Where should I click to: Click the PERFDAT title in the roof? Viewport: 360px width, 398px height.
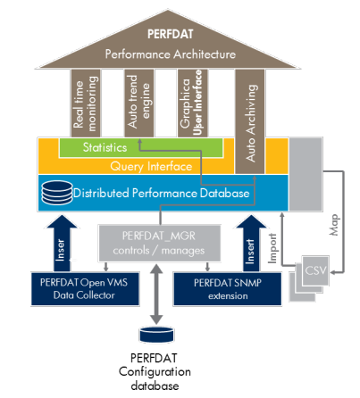(x=171, y=34)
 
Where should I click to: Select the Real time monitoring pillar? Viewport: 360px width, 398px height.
(x=86, y=103)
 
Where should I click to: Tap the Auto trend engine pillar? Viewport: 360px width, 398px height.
(x=138, y=103)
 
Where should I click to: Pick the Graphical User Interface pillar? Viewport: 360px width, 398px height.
(x=192, y=103)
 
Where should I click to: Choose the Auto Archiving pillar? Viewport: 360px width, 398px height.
(x=250, y=121)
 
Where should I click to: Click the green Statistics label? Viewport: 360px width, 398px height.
(x=105, y=147)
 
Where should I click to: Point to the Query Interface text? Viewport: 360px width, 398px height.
(x=151, y=166)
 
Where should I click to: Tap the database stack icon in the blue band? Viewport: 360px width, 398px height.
(x=57, y=193)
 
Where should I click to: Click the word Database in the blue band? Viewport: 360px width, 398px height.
(x=224, y=194)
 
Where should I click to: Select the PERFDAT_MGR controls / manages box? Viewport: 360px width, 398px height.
(x=160, y=244)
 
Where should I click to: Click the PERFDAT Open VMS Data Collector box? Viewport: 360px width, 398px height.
(x=85, y=289)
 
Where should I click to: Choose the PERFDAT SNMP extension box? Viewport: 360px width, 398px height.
(x=228, y=289)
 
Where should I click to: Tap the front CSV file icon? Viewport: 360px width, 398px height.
(x=315, y=270)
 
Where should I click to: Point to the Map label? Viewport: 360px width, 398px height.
(x=334, y=225)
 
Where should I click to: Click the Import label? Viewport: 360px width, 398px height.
(x=272, y=248)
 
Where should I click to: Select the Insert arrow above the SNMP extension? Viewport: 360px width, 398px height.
(x=251, y=244)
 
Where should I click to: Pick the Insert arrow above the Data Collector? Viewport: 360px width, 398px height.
(x=62, y=244)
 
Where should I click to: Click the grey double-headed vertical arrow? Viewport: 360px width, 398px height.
(x=156, y=294)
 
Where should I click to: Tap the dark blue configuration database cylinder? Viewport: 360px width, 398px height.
(x=156, y=335)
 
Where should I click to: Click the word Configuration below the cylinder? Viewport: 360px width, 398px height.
(x=155, y=372)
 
